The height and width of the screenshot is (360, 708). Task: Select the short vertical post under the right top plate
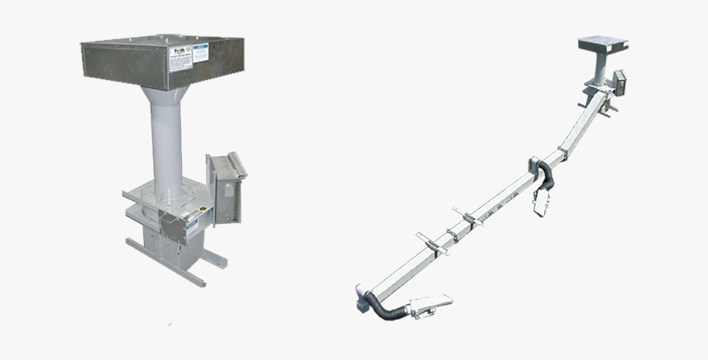tap(601, 70)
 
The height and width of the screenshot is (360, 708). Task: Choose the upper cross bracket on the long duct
tap(468, 219)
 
